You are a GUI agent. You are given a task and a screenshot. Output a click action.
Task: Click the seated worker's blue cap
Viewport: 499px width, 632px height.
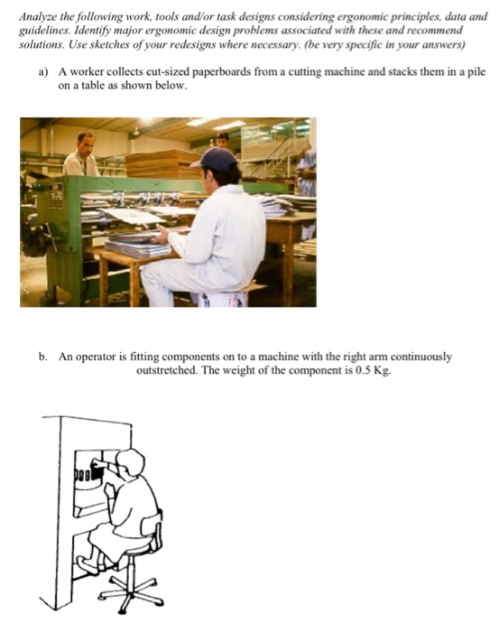217,159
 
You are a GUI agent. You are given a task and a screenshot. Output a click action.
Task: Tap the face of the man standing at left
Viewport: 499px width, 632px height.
85,143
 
